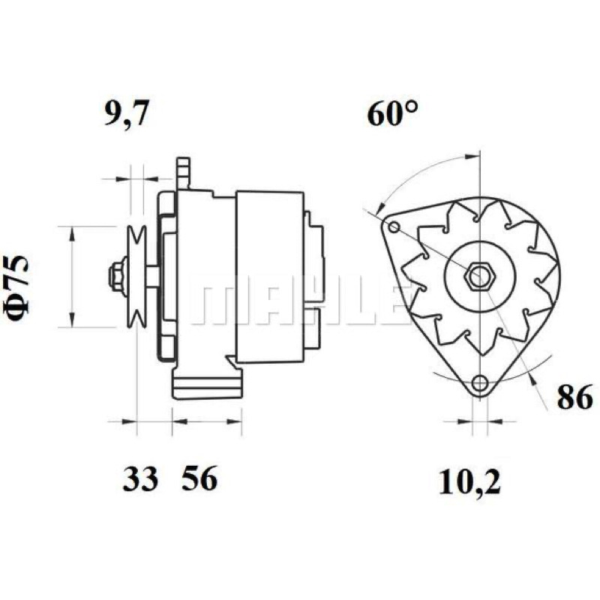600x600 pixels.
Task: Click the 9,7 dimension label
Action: tap(126, 114)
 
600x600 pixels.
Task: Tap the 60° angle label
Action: tap(392, 113)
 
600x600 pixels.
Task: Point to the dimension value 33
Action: tap(140, 478)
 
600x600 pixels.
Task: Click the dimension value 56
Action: tap(199, 478)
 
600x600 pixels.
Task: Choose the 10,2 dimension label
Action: tap(469, 482)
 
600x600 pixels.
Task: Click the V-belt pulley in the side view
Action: tap(137, 276)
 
